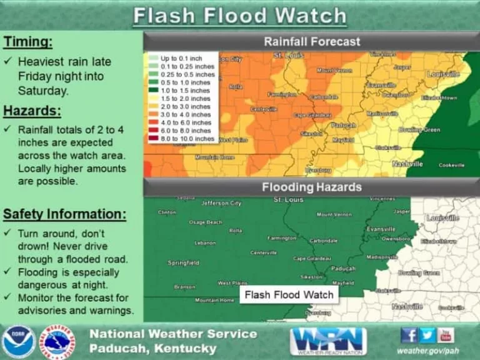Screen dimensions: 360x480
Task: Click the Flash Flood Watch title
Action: [239, 16]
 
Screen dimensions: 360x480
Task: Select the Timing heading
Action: [28, 42]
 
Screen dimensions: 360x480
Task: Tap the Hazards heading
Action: [32, 111]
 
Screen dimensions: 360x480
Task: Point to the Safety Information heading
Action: [64, 214]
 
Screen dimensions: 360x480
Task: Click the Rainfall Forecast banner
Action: [311, 42]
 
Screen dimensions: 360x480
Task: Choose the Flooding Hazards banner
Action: [311, 187]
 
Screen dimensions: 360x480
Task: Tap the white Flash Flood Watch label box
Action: [289, 294]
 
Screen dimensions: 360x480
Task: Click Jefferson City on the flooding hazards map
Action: [221, 203]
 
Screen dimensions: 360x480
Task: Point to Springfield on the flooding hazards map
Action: [183, 263]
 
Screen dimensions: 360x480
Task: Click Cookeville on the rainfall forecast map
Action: [451, 165]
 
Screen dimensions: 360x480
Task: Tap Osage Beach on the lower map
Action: [206, 222]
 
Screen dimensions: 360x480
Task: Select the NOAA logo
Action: [18, 341]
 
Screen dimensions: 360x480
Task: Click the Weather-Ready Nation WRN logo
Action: [328, 341]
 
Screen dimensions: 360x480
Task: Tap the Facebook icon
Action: [409, 335]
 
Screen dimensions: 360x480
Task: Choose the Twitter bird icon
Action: [427, 335]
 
